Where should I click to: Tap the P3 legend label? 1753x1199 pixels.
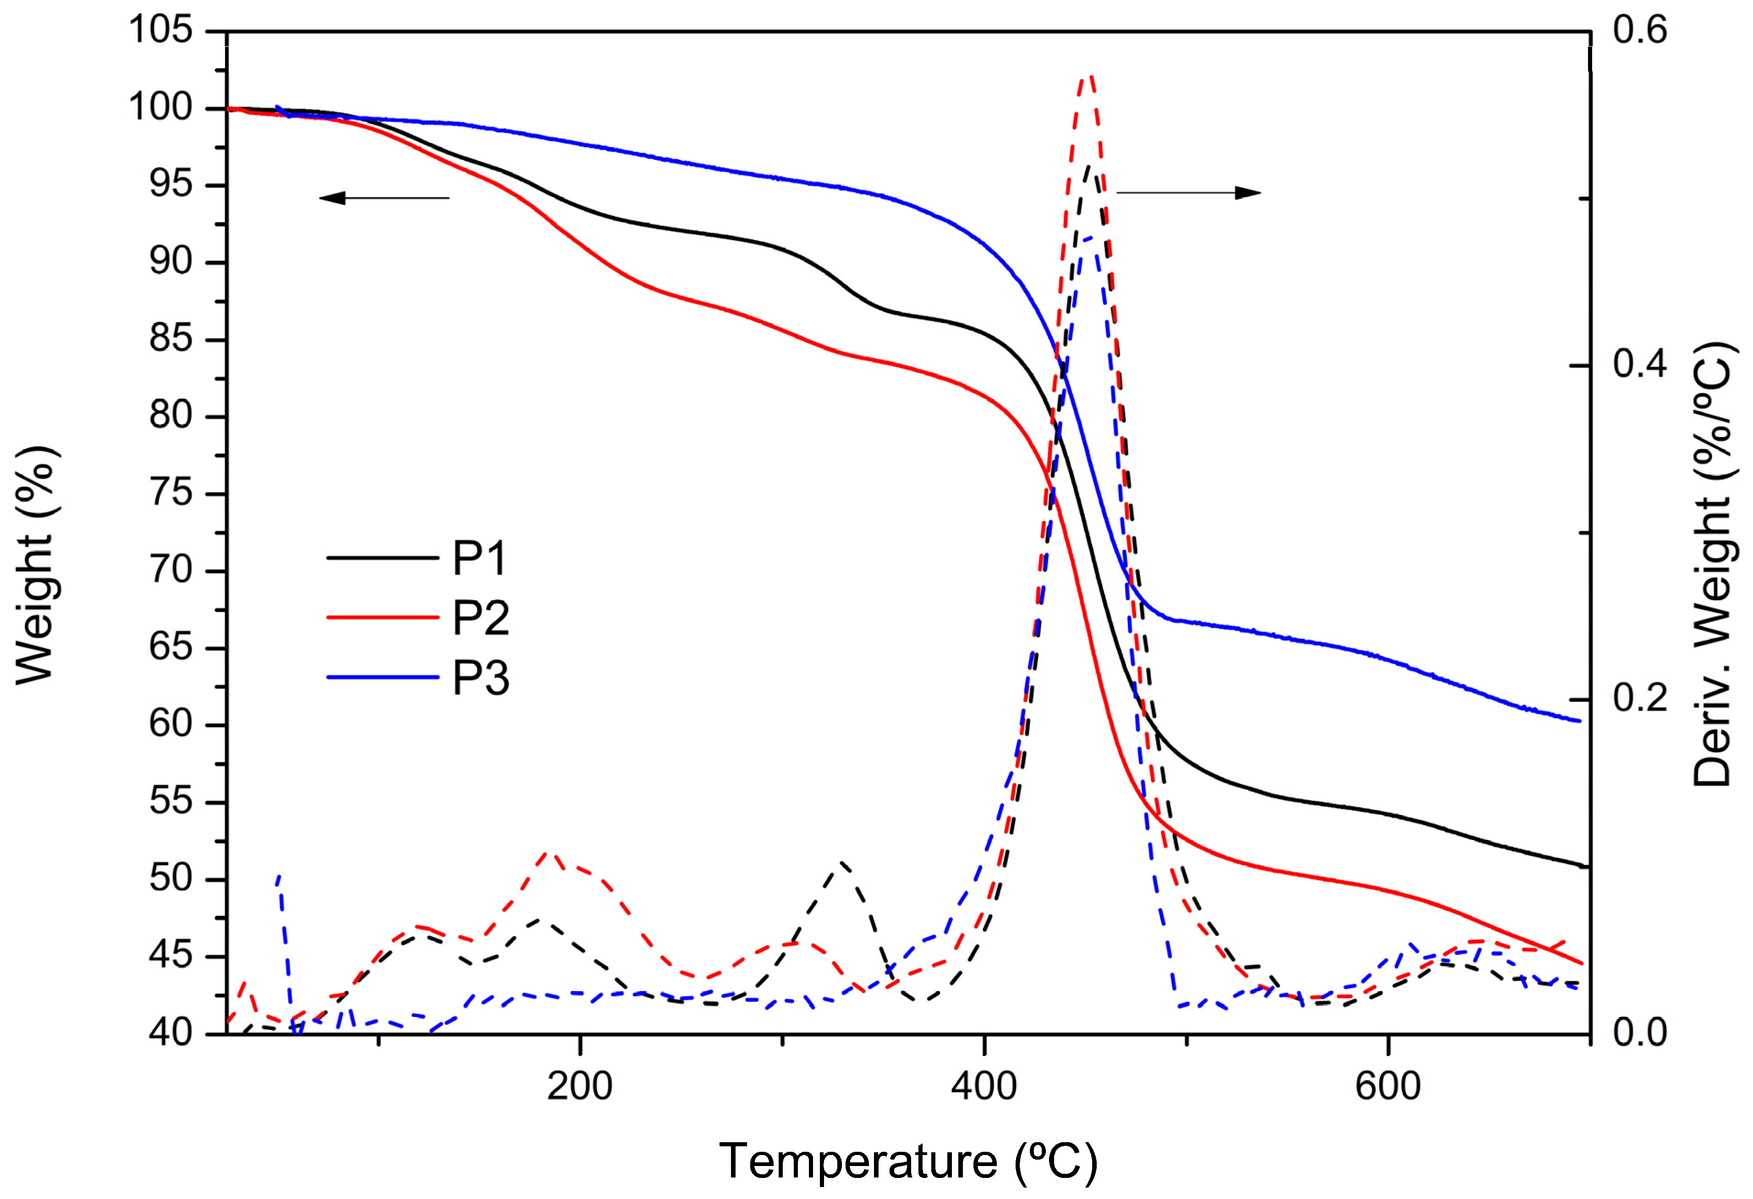[x=480, y=678]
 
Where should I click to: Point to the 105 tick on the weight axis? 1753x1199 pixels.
[x=161, y=31]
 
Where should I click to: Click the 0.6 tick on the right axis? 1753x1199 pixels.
[x=1639, y=31]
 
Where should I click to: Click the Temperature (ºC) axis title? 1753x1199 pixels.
[x=907, y=1161]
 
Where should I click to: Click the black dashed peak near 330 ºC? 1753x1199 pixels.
[x=842, y=862]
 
